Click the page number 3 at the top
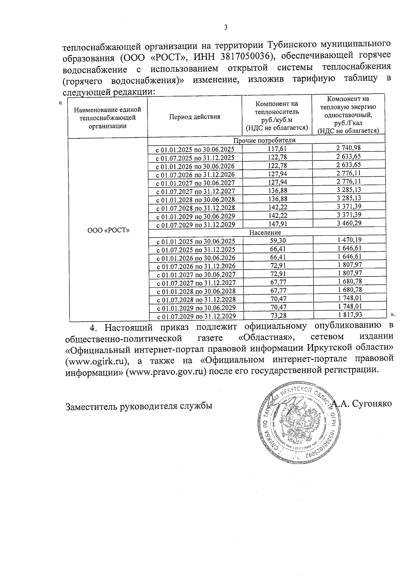226,28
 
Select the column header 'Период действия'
194,117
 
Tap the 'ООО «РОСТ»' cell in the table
108,230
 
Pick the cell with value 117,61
277,149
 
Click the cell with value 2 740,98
348,148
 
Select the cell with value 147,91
278,224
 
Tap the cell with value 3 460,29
348,223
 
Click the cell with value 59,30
278,241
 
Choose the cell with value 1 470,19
349,240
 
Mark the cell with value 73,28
278,316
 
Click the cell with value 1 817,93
349,315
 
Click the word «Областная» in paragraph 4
266,337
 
